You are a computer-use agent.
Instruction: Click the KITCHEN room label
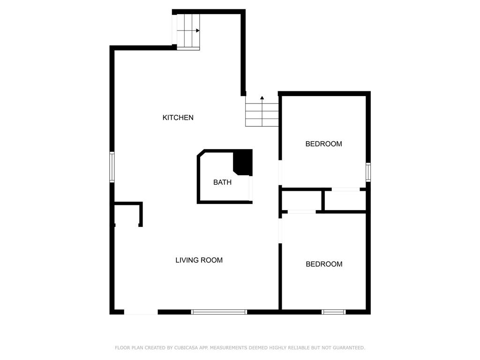coord(178,118)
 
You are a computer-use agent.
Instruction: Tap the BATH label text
coord(222,182)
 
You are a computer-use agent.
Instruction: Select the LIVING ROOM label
coord(199,260)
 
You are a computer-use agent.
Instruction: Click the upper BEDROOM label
coord(323,144)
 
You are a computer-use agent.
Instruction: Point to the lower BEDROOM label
coord(324,264)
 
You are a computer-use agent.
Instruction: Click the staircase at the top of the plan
coord(188,30)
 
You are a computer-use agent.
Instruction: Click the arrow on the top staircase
coord(198,30)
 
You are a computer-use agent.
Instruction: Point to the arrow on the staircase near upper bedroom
coord(262,98)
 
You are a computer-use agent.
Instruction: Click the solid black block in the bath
coord(244,161)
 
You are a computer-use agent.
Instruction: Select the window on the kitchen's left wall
coord(112,167)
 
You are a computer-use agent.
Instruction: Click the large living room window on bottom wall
coord(219,312)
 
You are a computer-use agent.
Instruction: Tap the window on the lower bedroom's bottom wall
coord(334,312)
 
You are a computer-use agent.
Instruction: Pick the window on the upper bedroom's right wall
coord(368,172)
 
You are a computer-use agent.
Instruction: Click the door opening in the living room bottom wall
coord(141,312)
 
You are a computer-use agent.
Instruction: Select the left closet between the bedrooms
coord(301,200)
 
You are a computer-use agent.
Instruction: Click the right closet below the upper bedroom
coord(345,201)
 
